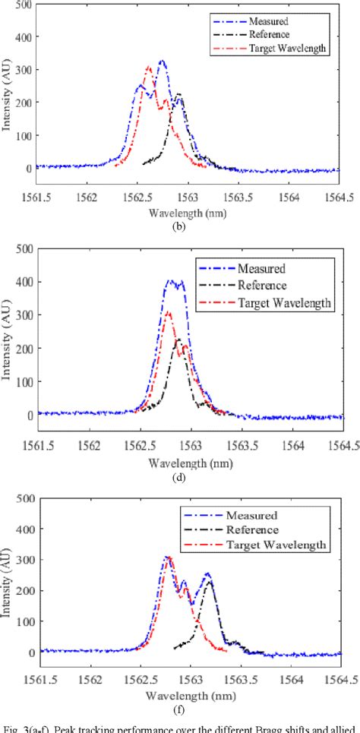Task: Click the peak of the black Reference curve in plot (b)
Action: pos(179,94)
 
